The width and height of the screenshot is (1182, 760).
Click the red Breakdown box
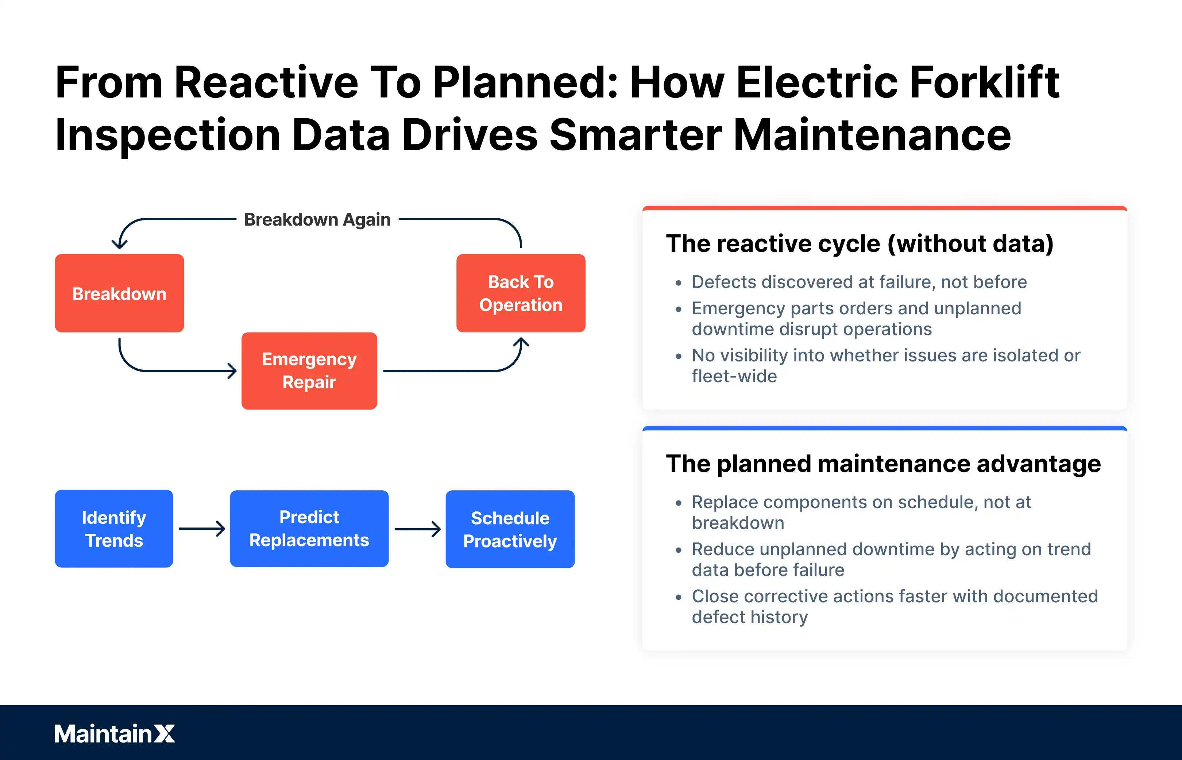pyautogui.click(x=119, y=293)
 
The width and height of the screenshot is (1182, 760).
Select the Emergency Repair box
pyautogui.click(x=309, y=371)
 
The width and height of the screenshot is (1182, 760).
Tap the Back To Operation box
pyautogui.click(x=521, y=293)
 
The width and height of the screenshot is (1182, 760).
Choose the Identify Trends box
pyautogui.click(x=114, y=529)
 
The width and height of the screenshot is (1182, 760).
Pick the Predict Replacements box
pyautogui.click(x=309, y=529)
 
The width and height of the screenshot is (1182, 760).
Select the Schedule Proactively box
pyautogui.click(x=510, y=529)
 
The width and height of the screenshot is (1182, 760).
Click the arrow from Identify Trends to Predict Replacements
pyautogui.click(x=202, y=529)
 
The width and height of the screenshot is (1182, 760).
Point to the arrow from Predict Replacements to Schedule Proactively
pyautogui.click(x=417, y=529)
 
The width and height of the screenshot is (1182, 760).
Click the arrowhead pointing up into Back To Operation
pyautogui.click(x=521, y=342)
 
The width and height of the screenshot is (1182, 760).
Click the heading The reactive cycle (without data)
pyautogui.click(x=860, y=243)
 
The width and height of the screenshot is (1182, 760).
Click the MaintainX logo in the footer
pyautogui.click(x=115, y=733)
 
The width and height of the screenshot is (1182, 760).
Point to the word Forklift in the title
pyautogui.click(x=984, y=82)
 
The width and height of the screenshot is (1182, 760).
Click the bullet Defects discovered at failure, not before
pyautogui.click(x=859, y=282)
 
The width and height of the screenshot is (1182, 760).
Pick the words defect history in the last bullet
pyautogui.click(x=750, y=617)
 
